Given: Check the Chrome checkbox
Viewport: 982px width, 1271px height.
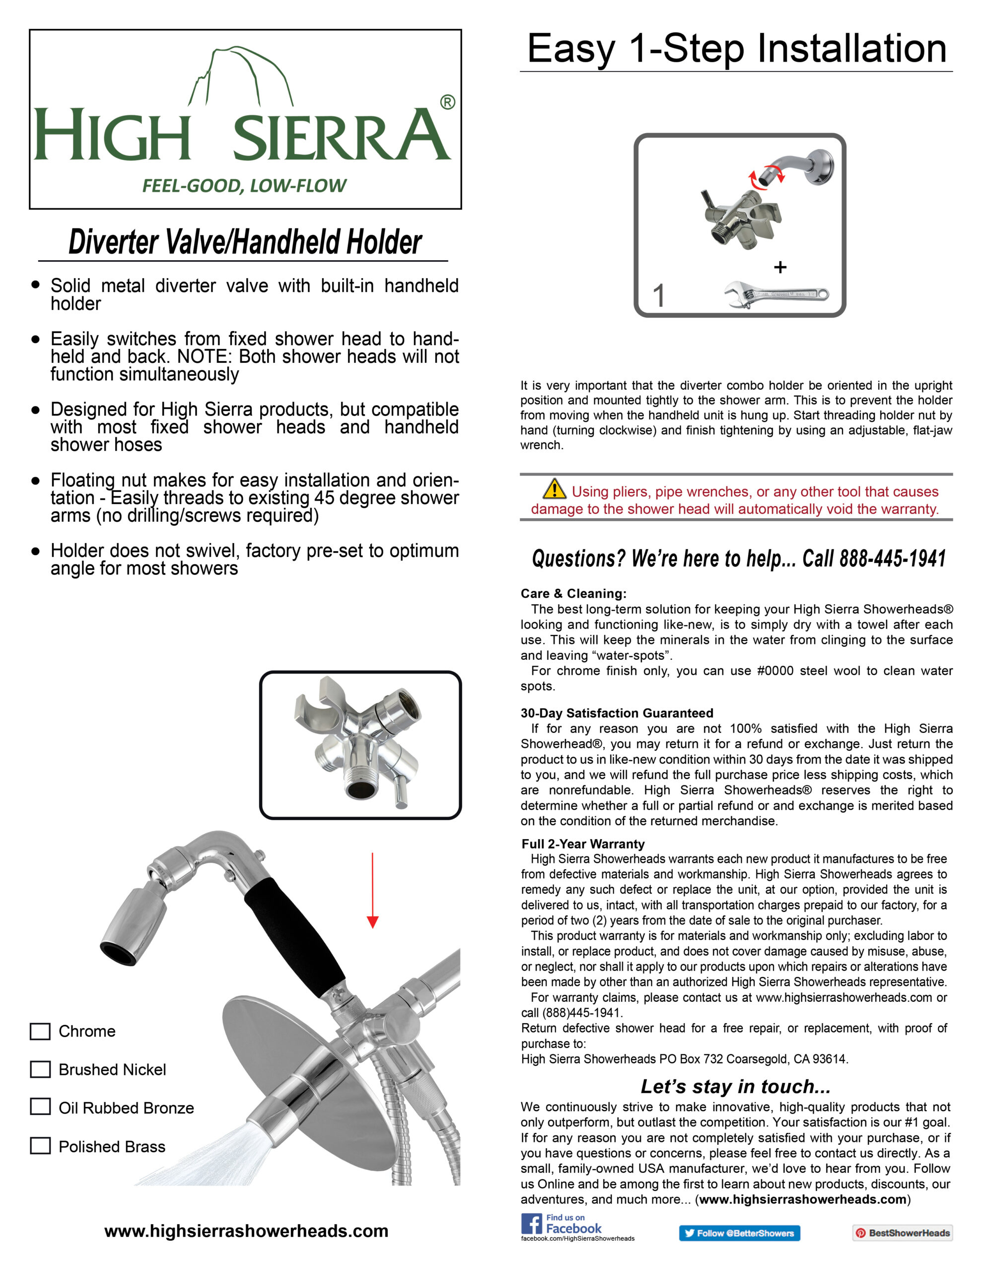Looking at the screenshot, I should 40,1031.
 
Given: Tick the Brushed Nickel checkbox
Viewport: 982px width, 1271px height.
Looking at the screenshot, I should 40,1069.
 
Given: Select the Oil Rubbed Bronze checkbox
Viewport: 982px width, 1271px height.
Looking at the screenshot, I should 40,1107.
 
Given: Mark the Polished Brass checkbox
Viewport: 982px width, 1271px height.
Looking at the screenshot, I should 40,1146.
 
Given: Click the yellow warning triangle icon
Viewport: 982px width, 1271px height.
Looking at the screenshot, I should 554,490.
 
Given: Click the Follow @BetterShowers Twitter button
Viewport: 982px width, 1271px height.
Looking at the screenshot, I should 739,1233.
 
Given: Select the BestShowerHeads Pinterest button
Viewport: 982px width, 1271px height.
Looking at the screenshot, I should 902,1233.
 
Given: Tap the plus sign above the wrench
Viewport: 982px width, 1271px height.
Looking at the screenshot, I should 780,267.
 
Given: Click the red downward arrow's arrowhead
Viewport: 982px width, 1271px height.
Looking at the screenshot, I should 372,922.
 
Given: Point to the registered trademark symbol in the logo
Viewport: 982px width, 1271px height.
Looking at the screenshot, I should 447,102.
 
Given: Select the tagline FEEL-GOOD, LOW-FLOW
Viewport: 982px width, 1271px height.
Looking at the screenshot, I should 244,186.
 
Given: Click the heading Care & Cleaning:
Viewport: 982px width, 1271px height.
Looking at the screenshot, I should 573,594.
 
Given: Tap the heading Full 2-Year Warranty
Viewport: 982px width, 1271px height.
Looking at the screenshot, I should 583,844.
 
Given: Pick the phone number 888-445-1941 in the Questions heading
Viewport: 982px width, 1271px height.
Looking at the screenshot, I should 892,559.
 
